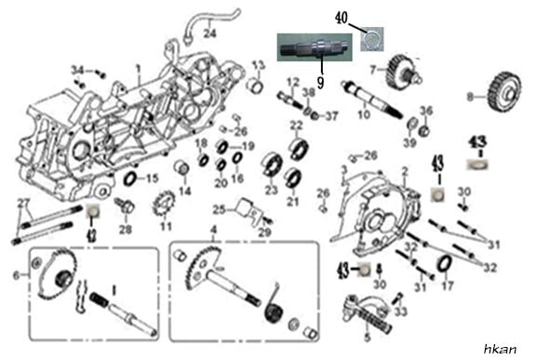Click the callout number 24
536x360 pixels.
[209, 33]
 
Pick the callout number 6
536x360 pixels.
[15, 274]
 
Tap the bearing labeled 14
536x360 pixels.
[181, 172]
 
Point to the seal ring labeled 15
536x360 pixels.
[129, 178]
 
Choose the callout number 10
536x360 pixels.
[364, 114]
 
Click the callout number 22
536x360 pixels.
[296, 125]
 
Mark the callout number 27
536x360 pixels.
[24, 204]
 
